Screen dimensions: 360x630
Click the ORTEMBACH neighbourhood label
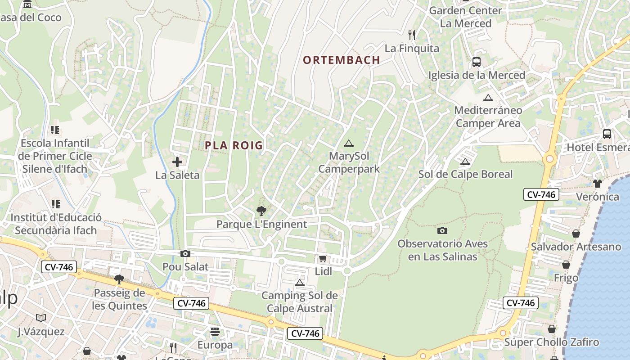pos(342,60)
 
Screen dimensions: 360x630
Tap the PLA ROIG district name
pos(234,145)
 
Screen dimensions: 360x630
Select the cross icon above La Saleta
pos(177,162)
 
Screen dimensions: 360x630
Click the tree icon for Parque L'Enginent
pos(261,211)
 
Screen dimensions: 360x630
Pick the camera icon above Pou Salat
pos(185,254)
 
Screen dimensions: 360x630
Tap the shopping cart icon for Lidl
pos(323,259)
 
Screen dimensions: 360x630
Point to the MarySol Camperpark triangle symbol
pos(348,144)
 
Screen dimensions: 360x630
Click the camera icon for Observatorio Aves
pos(442,230)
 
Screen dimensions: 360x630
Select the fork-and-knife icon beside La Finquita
pos(411,35)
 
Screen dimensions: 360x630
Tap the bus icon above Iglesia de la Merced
pos(477,62)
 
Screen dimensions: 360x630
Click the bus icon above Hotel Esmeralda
pos(607,134)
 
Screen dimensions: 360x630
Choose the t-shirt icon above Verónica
pos(598,183)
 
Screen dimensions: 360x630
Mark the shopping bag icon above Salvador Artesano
pos(576,233)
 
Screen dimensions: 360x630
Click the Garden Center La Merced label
pos(465,17)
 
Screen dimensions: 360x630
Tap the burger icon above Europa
pos(215,332)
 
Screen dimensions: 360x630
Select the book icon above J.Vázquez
pos(41,318)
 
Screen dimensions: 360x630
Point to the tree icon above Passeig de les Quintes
pos(119,279)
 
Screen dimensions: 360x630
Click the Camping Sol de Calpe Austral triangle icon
pos(300,283)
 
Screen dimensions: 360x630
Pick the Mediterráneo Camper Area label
pos(488,117)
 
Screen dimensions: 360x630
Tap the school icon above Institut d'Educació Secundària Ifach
pos(55,204)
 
